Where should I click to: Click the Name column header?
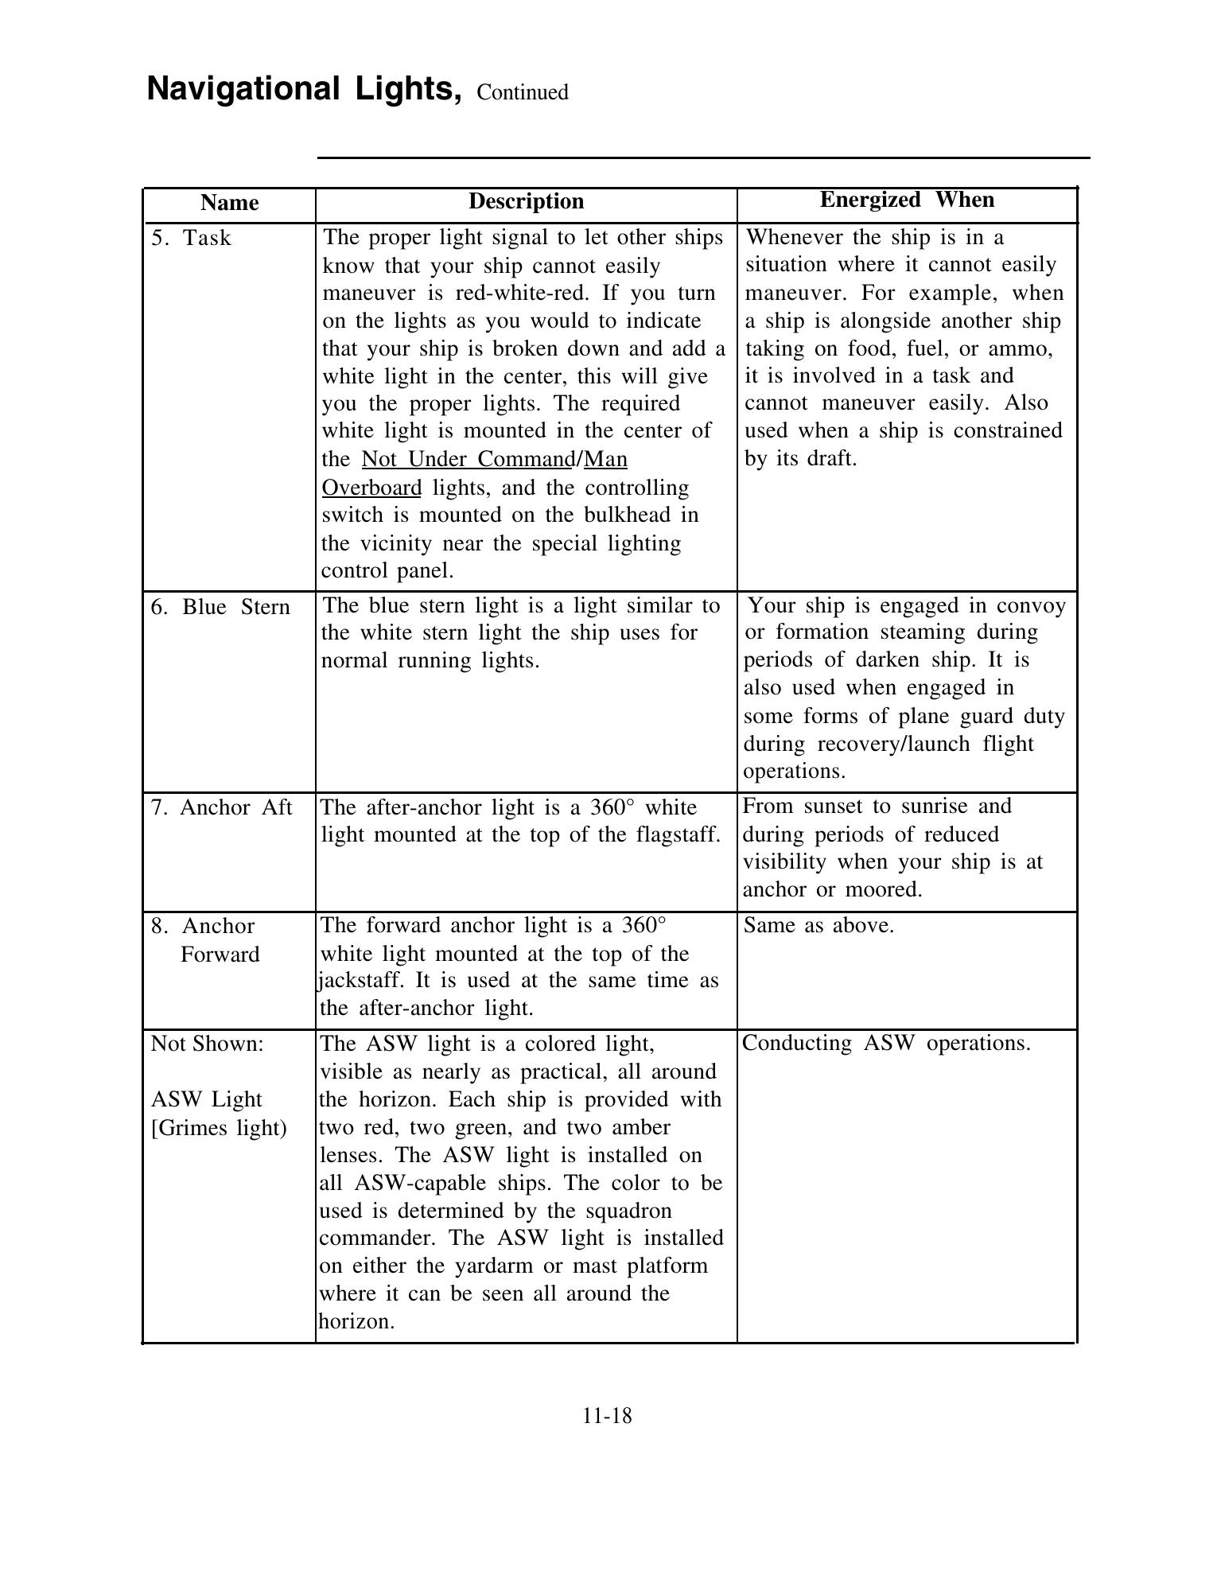pyautogui.click(x=229, y=203)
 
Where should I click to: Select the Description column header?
pyautogui.click(x=526, y=201)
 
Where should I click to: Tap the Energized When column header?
pyautogui.click(x=907, y=200)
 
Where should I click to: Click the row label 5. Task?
pyautogui.click(x=191, y=238)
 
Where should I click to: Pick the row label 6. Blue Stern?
pyautogui.click(x=220, y=607)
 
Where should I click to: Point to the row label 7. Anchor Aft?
pyautogui.click(x=222, y=807)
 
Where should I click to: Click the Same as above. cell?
pyautogui.click(x=818, y=925)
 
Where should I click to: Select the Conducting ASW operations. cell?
pyautogui.click(x=886, y=1043)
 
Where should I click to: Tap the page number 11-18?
pyautogui.click(x=607, y=1416)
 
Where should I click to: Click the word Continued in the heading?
pyautogui.click(x=522, y=92)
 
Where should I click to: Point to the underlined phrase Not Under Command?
pyautogui.click(x=468, y=459)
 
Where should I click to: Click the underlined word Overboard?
pyautogui.click(x=371, y=487)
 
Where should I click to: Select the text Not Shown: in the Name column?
pyautogui.click(x=207, y=1044)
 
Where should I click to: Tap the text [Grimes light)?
pyautogui.click(x=219, y=1127)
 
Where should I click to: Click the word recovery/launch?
pyautogui.click(x=888, y=744)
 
